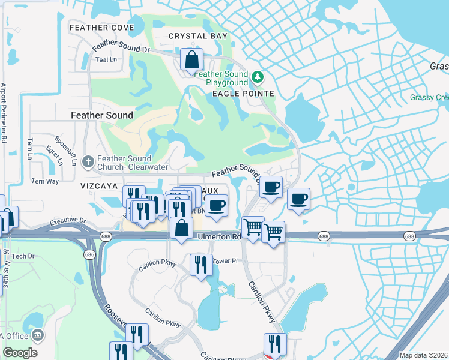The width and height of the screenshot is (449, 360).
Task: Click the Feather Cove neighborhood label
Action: coord(101,28)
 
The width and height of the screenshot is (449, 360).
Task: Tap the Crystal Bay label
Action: coord(198,36)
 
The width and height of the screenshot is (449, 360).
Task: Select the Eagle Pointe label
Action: coord(243,94)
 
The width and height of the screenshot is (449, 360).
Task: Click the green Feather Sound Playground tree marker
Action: coord(258,77)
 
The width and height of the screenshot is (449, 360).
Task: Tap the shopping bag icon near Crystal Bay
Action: coord(191,60)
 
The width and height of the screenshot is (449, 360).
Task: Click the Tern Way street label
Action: coord(45,181)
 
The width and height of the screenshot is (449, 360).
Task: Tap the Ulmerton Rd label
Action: coord(220,237)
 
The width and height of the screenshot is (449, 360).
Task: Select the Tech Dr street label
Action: coord(24,256)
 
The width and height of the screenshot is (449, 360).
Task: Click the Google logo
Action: coord(20,353)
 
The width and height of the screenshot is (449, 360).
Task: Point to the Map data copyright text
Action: coord(424,355)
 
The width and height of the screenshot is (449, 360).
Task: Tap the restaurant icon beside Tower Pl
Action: coord(200,265)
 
